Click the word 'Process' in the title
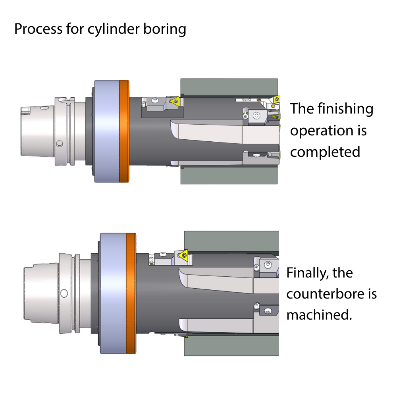[x=38, y=29]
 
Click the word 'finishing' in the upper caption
[x=345, y=109]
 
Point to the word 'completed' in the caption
[x=325, y=152]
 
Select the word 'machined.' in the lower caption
[x=319, y=315]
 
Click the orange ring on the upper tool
[x=124, y=131]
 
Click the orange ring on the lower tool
[x=131, y=293]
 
